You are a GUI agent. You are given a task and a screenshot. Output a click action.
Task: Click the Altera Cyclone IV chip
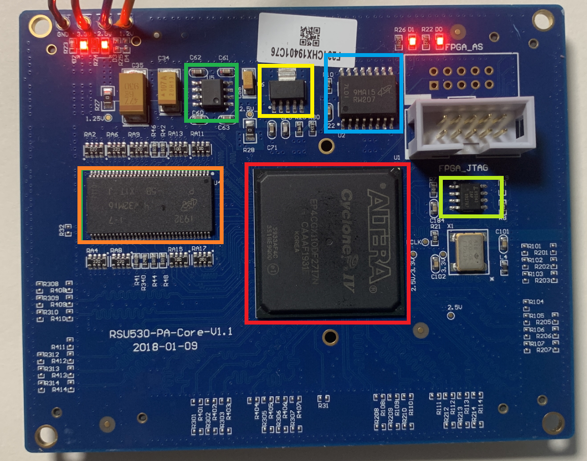pos(327,243)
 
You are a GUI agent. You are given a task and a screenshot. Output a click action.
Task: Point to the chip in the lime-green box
pos(471,197)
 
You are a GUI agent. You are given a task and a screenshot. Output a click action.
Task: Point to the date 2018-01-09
pos(161,347)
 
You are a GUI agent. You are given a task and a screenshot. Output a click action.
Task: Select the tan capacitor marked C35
pos(133,94)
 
